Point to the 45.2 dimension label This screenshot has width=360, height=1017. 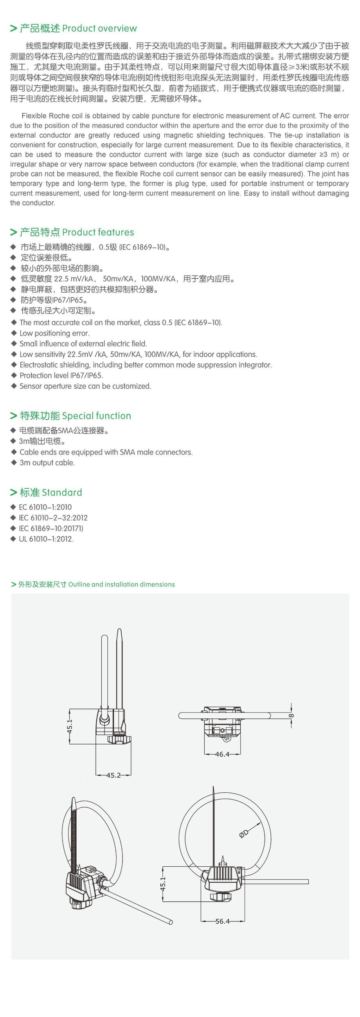click(113, 775)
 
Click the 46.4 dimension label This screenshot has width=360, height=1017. click(222, 754)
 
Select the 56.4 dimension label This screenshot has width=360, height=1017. click(223, 921)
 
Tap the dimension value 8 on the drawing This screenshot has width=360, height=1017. click(292, 715)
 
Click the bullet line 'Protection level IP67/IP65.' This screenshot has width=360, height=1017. click(61, 375)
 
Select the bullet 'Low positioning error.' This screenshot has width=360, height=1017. click(54, 333)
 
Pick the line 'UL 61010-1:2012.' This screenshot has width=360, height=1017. click(46, 539)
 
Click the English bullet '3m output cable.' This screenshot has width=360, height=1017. click(47, 463)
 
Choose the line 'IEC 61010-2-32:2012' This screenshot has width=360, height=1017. click(53, 518)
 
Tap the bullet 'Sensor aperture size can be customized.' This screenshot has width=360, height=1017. click(85, 386)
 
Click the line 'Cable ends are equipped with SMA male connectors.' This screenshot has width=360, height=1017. click(106, 452)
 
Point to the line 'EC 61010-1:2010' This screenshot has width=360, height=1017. click(45, 507)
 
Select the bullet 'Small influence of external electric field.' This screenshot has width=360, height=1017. click(83, 344)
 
